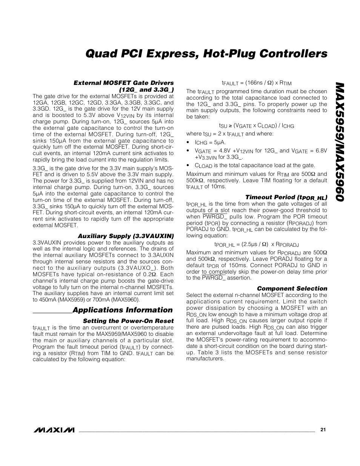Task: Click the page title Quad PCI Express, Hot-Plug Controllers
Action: [x=206, y=54]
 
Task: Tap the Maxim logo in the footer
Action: [x=54, y=430]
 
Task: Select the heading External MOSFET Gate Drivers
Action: [x=123, y=83]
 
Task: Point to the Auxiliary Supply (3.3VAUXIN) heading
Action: [x=126, y=237]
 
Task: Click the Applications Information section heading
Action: [x=122, y=310]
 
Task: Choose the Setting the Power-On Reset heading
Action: [x=128, y=321]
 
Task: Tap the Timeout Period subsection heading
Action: [x=286, y=197]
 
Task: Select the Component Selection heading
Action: [x=292, y=289]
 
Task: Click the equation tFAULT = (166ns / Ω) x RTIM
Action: [x=256, y=83]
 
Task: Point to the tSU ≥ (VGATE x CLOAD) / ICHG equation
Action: [x=256, y=126]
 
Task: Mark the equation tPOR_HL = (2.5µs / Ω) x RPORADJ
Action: [x=256, y=245]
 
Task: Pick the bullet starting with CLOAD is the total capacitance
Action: [x=255, y=165]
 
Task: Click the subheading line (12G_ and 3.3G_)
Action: [x=146, y=89]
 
